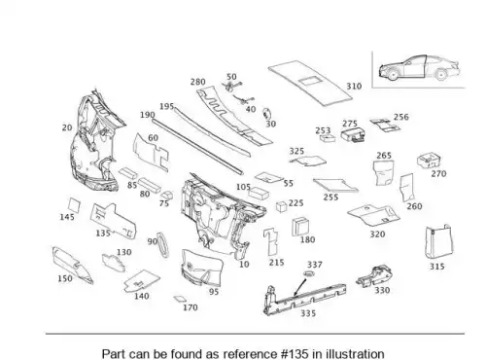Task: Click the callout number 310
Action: click(354, 87)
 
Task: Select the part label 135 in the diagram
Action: click(103, 233)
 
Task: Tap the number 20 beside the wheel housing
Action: click(67, 127)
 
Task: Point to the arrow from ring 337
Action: click(300, 287)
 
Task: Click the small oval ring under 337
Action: click(309, 273)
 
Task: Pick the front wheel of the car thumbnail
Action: click(392, 75)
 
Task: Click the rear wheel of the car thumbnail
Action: click(440, 75)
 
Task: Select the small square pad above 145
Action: click(74, 205)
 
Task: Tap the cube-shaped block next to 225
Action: click(282, 206)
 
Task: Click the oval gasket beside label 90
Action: click(162, 245)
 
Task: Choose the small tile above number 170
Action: click(180, 299)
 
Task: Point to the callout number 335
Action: click(308, 313)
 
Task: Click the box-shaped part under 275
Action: click(353, 135)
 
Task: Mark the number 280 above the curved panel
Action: click(197, 82)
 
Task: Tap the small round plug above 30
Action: click(266, 114)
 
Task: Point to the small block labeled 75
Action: click(166, 196)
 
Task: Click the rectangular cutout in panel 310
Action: click(309, 81)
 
